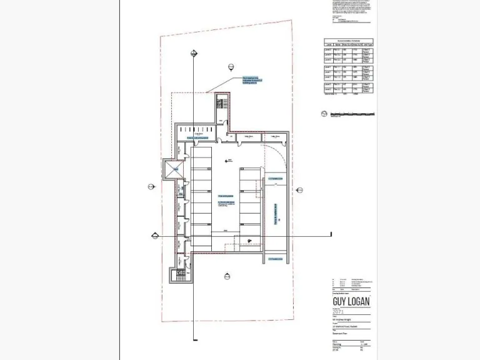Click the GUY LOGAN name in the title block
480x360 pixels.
point(351,301)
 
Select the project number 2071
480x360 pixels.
point(338,311)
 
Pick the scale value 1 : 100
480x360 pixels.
point(364,344)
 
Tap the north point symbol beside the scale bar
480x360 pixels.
point(323,113)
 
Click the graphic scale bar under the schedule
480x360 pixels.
point(352,114)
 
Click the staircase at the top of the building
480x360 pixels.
point(222,104)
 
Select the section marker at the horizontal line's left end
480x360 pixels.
point(155,235)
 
